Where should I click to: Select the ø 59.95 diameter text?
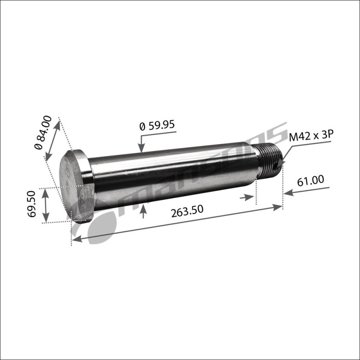click(157, 125)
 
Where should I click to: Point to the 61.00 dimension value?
click(310, 180)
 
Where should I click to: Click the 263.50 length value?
click(187, 211)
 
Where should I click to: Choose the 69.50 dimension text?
click(31, 204)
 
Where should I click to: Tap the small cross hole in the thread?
click(276, 165)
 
